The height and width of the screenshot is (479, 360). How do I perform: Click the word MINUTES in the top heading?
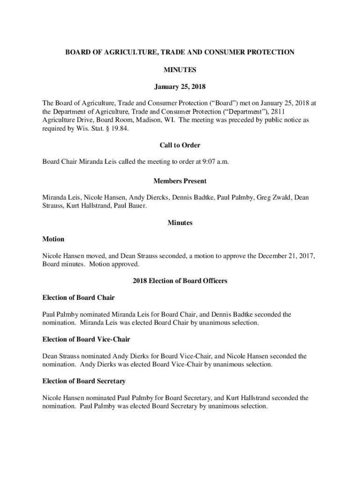point(180,70)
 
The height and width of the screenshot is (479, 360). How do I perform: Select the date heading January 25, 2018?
point(180,87)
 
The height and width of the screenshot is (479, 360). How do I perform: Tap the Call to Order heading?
point(180,145)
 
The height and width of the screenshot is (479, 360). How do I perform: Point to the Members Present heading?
point(180,181)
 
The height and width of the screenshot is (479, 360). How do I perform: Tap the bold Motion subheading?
point(53,239)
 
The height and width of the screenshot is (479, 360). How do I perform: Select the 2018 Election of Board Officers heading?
point(180,281)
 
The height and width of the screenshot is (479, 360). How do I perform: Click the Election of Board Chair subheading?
point(79,298)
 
